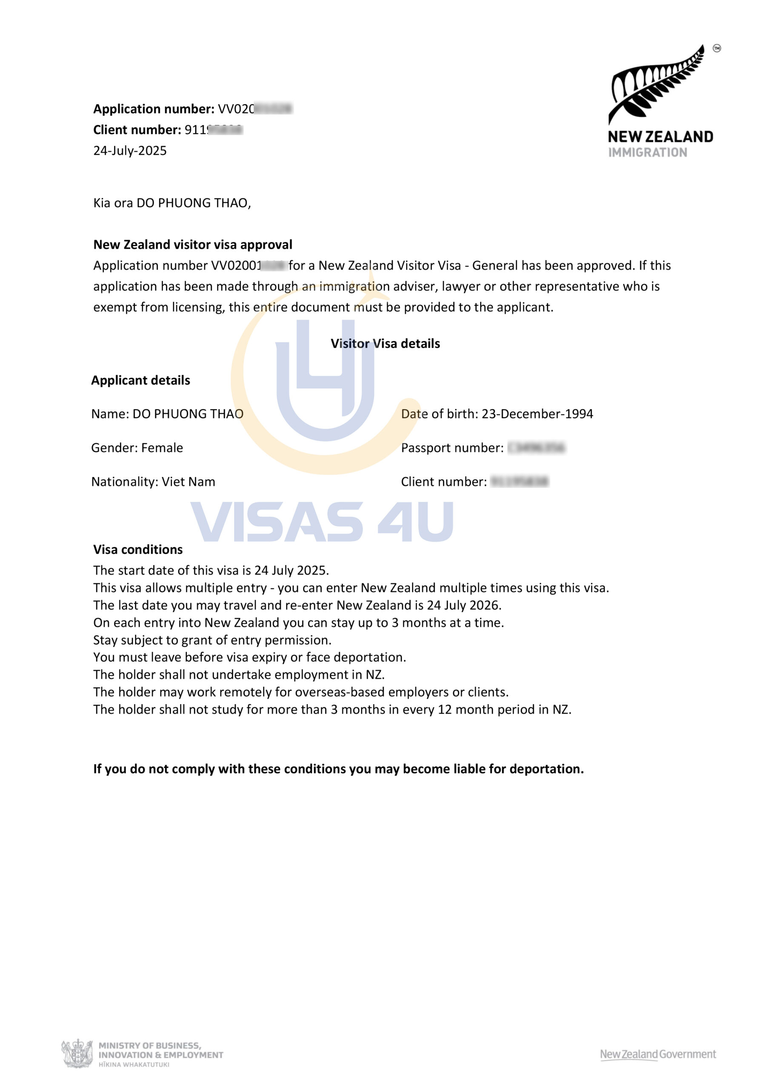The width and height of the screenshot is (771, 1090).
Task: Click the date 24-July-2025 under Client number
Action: (130, 151)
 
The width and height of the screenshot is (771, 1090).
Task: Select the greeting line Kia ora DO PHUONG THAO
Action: (171, 203)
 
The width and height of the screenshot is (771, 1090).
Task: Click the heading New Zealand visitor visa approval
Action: (192, 244)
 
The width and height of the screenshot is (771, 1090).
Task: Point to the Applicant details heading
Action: (140, 380)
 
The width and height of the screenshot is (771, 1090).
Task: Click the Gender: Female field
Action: (137, 447)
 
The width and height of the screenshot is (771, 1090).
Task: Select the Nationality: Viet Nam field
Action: (153, 482)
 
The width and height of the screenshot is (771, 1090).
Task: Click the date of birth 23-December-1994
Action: (537, 414)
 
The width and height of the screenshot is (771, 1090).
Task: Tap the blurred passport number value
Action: (536, 447)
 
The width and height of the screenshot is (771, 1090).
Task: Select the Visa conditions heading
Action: (138, 550)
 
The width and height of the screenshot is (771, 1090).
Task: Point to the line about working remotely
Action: (300, 692)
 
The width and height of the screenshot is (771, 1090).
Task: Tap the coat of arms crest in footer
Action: (77, 1053)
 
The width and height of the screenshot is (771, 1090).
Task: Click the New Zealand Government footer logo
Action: (657, 1054)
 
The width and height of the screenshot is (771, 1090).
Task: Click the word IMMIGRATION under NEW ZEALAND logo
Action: (648, 152)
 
